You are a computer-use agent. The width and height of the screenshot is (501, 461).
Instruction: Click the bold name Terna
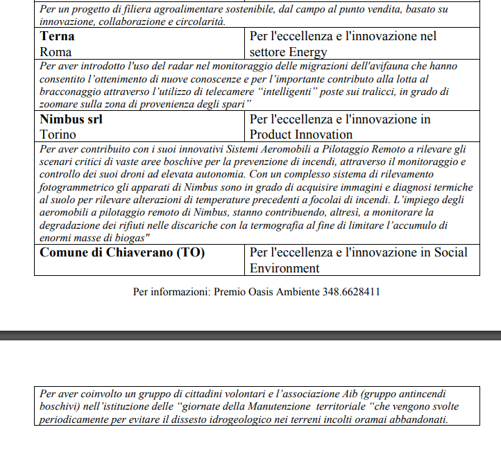57,36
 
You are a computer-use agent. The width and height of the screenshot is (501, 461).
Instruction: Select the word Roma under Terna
56,51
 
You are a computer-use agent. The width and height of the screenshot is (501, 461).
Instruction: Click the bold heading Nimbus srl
71,119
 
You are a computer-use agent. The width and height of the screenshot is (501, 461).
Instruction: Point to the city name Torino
58,134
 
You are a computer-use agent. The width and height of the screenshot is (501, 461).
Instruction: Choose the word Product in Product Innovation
273,134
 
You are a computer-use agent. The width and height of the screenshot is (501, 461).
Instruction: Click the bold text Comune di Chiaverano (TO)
122,252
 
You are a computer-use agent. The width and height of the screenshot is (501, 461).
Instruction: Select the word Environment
285,268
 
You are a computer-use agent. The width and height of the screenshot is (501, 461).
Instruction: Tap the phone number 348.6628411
351,292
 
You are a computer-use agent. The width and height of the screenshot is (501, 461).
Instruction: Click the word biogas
126,238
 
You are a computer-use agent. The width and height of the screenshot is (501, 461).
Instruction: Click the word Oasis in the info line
260,292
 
